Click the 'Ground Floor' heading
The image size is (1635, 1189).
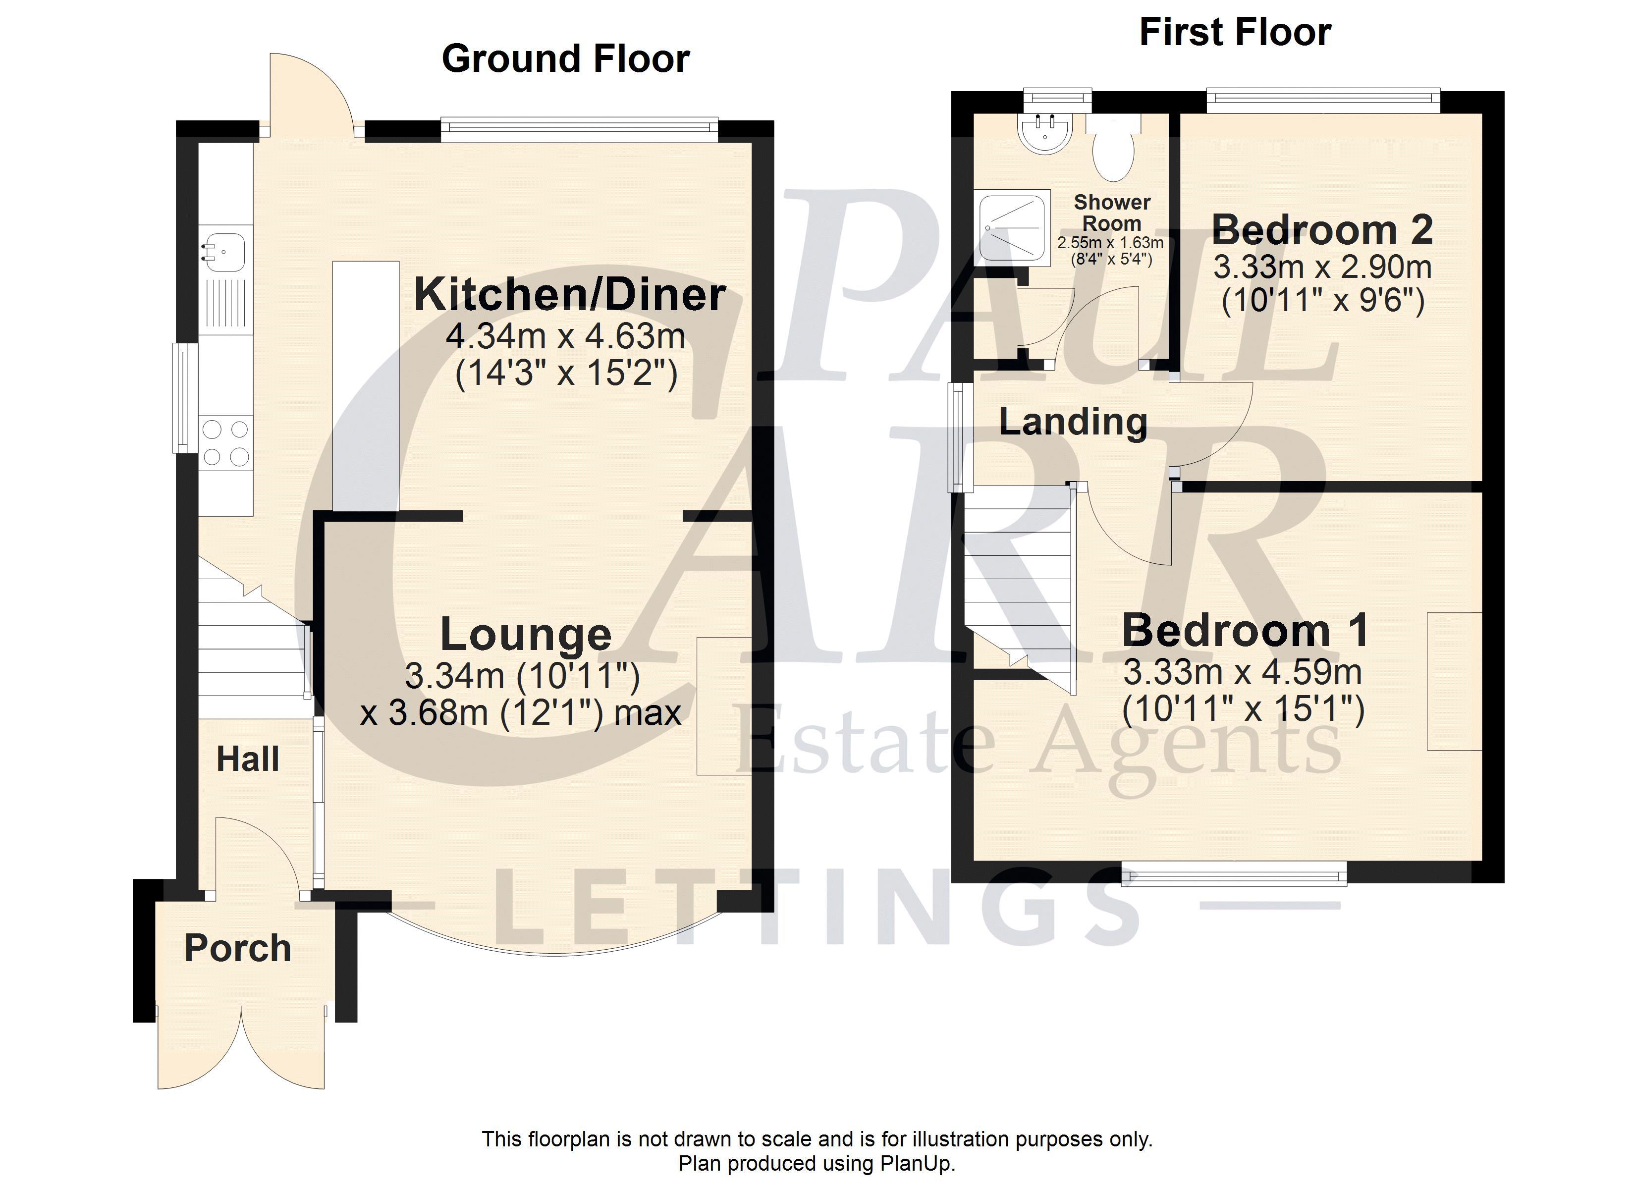[565, 58]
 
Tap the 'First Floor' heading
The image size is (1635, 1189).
[1235, 32]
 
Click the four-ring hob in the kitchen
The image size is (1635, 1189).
[225, 443]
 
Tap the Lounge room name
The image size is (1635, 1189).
[526, 635]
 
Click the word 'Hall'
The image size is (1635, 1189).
[248, 759]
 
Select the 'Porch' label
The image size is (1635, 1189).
[238, 948]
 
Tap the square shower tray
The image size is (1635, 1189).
[1012, 226]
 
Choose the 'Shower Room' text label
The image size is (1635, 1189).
[1112, 213]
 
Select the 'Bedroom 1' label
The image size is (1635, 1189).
[1245, 630]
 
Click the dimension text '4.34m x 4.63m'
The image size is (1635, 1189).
[565, 336]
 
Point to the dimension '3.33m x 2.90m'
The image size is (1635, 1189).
[1322, 268]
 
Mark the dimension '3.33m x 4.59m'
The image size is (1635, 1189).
[1242, 673]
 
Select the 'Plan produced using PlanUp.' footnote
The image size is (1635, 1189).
[817, 1164]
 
